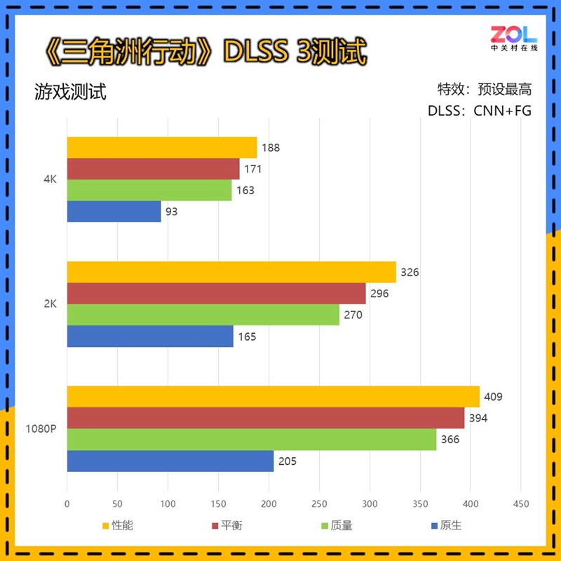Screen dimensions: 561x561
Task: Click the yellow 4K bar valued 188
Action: (162, 148)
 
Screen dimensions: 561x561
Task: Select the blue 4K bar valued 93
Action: (114, 211)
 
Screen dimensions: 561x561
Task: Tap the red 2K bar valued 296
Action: (217, 294)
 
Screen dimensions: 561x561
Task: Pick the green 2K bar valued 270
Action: (203, 315)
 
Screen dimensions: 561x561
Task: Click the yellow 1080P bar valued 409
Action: (273, 396)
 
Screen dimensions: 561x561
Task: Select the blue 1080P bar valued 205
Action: (170, 461)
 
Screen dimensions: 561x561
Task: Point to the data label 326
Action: (409, 272)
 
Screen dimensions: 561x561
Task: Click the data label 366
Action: (450, 440)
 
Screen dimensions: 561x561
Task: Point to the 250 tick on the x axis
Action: (319, 503)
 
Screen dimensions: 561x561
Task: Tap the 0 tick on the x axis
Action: (67, 503)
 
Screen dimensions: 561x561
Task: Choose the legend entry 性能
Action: (122, 525)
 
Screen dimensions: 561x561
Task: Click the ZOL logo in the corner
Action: (513, 39)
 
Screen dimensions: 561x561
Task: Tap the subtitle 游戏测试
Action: (70, 92)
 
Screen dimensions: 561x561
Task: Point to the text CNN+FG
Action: (503, 111)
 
